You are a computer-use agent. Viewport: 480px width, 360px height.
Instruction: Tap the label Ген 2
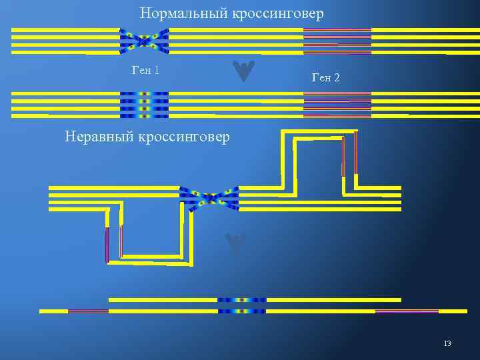[325, 78]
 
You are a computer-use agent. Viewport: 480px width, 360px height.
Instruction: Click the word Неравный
[99, 137]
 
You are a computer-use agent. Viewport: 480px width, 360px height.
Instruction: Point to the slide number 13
[447, 343]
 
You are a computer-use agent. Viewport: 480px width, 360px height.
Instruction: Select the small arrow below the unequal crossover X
[235, 244]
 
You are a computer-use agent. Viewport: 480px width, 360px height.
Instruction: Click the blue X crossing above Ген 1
[144, 41]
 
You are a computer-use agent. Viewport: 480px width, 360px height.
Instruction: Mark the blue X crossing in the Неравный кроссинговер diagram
[209, 198]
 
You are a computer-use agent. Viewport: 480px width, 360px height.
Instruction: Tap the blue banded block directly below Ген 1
[144, 105]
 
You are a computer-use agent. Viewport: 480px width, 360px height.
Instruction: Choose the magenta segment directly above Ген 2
[337, 41]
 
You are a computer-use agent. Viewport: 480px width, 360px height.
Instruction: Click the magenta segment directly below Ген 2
[337, 105]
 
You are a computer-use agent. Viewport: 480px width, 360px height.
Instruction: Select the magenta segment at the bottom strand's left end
[88, 311]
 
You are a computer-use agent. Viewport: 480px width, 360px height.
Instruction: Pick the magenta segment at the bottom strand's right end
[407, 311]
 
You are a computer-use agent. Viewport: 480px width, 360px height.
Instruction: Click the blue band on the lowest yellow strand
[241, 311]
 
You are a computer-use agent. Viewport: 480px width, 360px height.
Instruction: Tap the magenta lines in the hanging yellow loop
[114, 243]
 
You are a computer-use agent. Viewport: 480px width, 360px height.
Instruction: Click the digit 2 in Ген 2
[337, 78]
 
